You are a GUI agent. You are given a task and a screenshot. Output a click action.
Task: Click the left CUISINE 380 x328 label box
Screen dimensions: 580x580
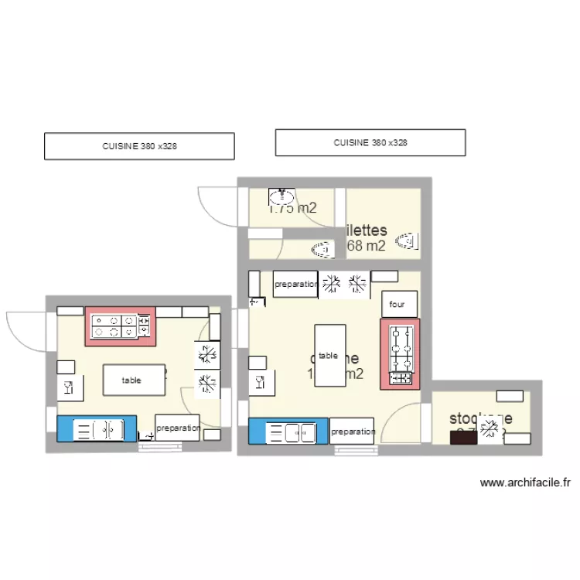(139, 146)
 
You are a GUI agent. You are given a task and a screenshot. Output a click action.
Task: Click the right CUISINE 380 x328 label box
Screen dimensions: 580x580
(370, 142)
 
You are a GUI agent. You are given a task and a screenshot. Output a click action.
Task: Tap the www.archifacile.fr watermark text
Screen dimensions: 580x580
(525, 483)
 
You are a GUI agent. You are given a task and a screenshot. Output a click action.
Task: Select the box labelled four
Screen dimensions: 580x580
(399, 304)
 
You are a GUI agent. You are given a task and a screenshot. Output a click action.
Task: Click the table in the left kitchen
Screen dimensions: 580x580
(135, 380)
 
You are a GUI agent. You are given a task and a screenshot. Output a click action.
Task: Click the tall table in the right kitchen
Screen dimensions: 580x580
(329, 356)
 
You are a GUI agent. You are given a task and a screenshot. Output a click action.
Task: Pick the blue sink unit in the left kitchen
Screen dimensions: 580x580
(97, 428)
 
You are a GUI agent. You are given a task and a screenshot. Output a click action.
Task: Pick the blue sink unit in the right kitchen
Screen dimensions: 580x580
(288, 431)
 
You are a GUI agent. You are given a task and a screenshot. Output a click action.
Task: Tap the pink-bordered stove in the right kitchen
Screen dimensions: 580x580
(401, 353)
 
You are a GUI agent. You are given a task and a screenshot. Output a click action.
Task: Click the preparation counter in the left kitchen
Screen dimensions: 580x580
(177, 428)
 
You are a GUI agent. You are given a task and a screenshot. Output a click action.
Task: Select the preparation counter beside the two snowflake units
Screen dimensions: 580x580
(295, 284)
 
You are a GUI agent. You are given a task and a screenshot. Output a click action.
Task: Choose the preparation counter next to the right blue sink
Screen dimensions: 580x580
(352, 431)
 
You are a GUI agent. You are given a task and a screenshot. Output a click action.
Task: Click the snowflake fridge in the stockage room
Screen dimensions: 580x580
(489, 430)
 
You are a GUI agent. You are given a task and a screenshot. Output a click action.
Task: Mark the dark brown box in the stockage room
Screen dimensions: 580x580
(464, 438)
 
